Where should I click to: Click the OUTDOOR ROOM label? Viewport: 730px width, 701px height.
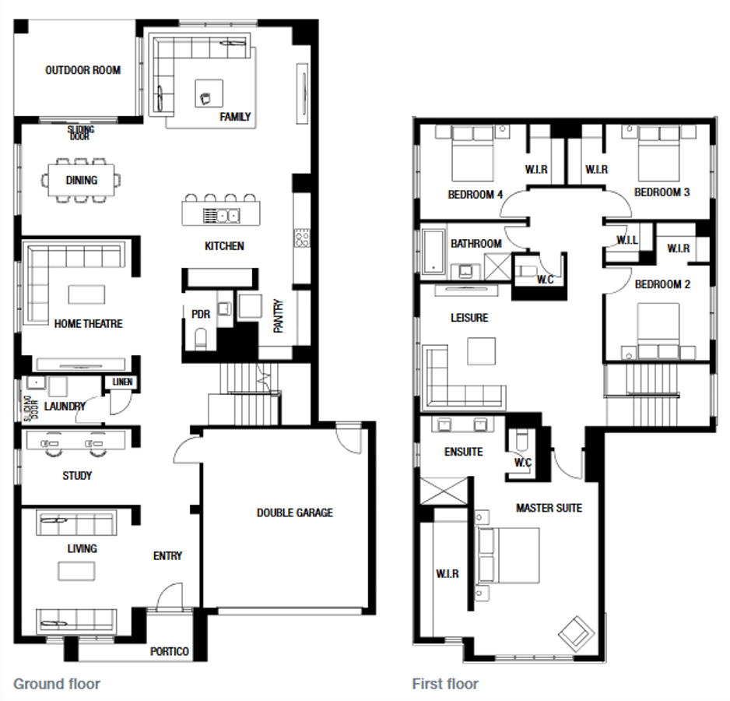pos(82,70)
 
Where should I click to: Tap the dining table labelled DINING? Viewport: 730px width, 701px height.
pos(82,181)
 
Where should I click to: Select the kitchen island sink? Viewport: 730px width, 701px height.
pos(222,216)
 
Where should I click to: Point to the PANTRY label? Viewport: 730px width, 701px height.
pos(278,316)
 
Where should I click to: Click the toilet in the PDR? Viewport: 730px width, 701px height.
pos(201,339)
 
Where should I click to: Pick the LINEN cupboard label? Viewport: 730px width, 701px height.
pos(122,382)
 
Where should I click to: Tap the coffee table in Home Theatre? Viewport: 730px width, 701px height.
pos(86,294)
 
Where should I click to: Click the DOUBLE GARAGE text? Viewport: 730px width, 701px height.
pos(295,513)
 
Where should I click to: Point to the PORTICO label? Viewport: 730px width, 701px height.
pos(170,652)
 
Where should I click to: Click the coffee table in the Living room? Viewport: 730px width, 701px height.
pos(76,572)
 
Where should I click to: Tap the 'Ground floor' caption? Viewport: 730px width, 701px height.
pos(57,684)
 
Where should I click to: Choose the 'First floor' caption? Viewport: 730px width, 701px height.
pos(445,684)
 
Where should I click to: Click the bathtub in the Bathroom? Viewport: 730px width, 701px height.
pos(434,252)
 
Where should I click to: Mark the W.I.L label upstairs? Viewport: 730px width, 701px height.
pos(627,241)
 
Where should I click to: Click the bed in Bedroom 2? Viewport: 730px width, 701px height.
pos(658,331)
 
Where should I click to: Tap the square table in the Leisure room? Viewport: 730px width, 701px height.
pos(482,351)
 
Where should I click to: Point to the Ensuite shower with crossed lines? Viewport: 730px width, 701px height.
pos(444,491)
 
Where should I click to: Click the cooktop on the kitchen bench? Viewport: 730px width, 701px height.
pos(302,238)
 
